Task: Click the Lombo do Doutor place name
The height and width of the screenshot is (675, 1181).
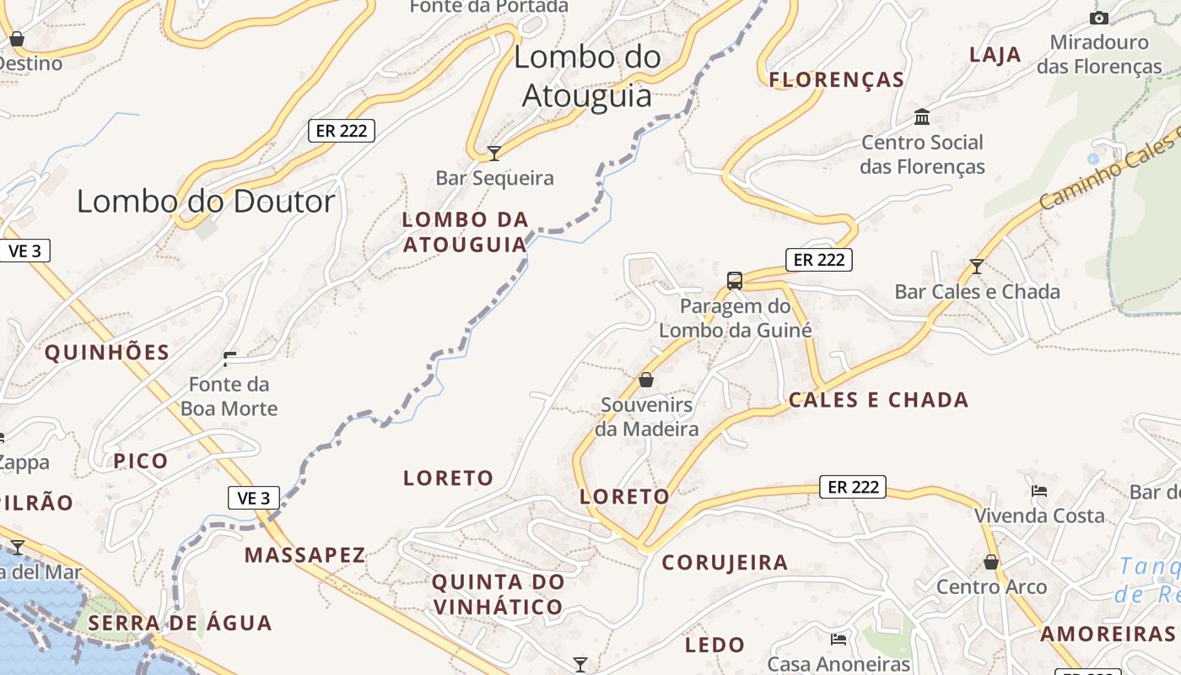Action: click(x=206, y=202)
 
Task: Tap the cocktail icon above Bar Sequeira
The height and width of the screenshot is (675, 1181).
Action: click(x=494, y=154)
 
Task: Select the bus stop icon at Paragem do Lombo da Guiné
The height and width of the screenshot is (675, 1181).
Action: click(x=735, y=280)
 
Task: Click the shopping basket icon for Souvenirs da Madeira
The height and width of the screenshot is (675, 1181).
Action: click(x=646, y=380)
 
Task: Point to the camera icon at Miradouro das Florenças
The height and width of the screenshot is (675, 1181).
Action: click(x=1098, y=18)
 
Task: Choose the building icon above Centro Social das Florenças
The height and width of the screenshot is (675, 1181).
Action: click(x=922, y=116)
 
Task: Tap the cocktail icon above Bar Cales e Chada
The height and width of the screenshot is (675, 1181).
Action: click(x=977, y=267)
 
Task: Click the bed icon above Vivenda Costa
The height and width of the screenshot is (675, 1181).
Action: click(x=1039, y=490)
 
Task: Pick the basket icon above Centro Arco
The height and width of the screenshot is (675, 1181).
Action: click(x=991, y=562)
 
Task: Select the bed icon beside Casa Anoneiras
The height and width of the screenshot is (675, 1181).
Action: click(x=839, y=639)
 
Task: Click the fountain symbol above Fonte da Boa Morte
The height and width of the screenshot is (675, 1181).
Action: click(x=229, y=360)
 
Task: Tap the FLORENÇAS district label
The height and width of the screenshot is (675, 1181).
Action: click(x=837, y=80)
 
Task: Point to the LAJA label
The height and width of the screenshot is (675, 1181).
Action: click(x=995, y=55)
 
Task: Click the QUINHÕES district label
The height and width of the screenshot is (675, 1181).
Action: click(x=107, y=353)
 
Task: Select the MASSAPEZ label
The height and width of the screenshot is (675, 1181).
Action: click(x=305, y=555)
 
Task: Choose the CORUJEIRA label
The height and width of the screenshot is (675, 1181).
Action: click(x=725, y=563)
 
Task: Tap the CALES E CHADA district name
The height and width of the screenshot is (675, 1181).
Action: click(x=878, y=400)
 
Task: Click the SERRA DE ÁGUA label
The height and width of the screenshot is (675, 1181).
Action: click(x=180, y=624)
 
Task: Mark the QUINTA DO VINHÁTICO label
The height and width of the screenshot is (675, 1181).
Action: click(x=497, y=594)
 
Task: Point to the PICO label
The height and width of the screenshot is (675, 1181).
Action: click(x=141, y=462)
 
